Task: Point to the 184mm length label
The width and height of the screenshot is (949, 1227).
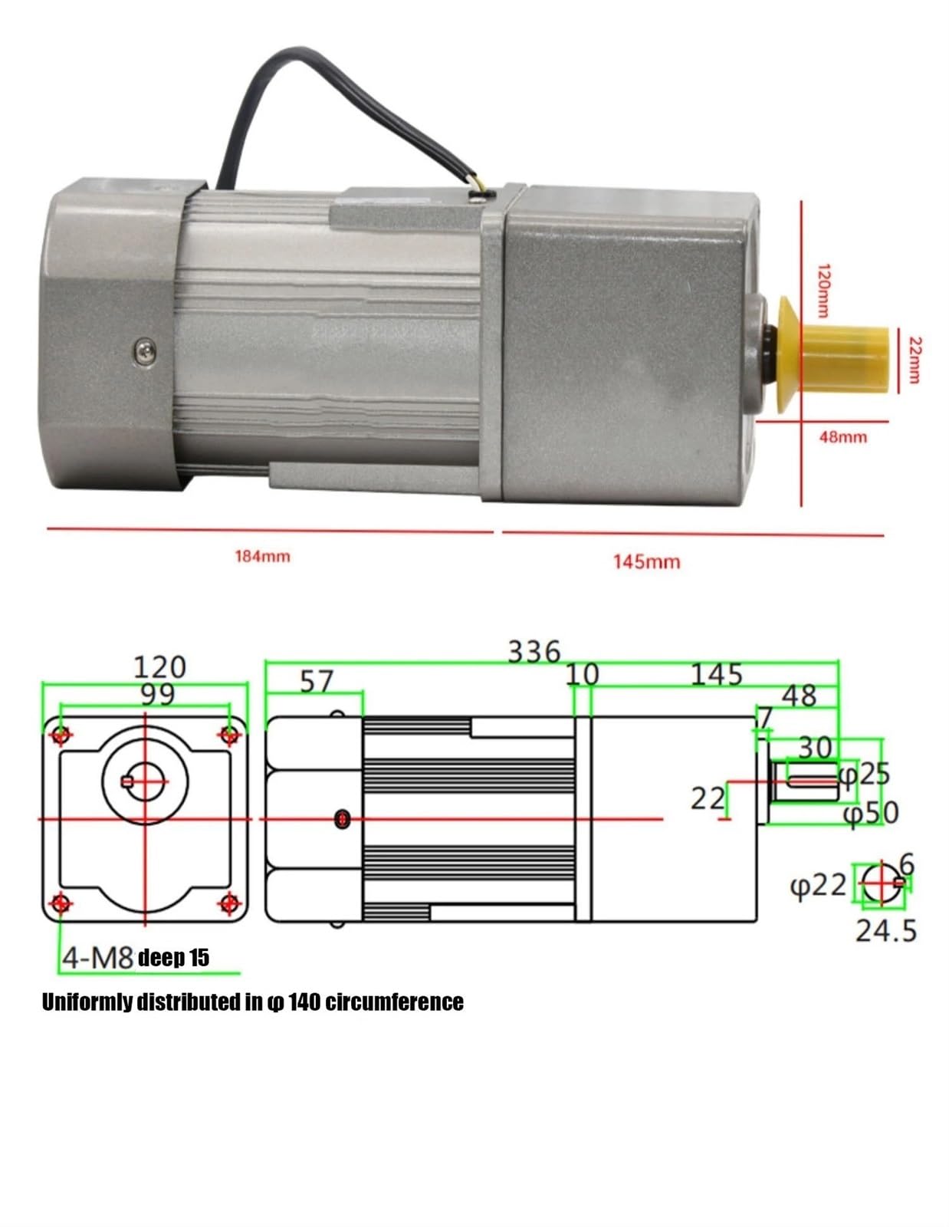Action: (262, 556)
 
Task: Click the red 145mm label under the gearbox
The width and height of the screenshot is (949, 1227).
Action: (646, 562)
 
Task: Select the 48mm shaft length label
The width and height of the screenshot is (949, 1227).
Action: (843, 437)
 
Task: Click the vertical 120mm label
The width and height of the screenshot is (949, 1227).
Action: (822, 290)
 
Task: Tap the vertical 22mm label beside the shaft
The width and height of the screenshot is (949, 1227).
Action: (914, 360)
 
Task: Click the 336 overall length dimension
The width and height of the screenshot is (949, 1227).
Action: (534, 653)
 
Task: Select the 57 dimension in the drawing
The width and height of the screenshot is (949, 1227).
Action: (317, 681)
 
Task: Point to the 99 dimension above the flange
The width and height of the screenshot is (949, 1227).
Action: (158, 694)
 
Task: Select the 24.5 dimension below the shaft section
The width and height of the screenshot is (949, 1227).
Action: (886, 931)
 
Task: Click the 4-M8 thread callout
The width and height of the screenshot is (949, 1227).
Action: (98, 958)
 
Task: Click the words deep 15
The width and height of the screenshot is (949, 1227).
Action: (173, 958)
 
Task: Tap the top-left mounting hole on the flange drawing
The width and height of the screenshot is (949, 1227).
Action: (61, 735)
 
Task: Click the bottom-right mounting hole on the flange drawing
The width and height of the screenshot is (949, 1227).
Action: (228, 903)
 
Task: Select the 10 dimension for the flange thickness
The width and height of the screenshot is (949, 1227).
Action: (582, 675)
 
